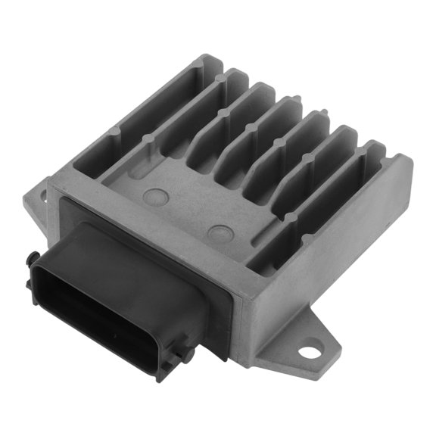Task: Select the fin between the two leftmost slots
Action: (x=174, y=121)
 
